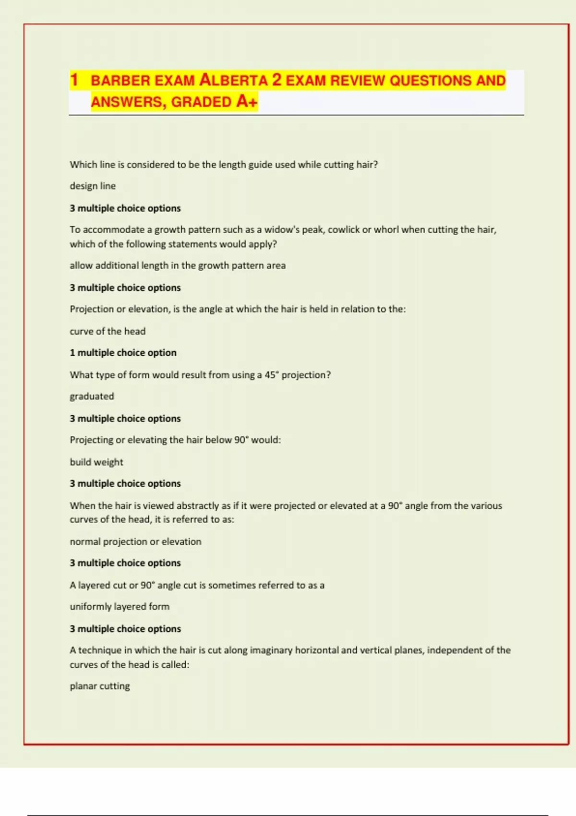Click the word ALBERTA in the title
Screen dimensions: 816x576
(x=233, y=80)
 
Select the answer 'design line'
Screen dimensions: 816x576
(x=93, y=186)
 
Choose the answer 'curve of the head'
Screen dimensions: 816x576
(x=108, y=331)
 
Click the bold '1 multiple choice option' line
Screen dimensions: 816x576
(x=123, y=353)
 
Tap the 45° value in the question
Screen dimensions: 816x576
(x=270, y=375)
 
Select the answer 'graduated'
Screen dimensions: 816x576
(x=92, y=396)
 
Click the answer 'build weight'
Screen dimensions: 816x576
(x=96, y=462)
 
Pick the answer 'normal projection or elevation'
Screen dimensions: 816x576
(x=135, y=541)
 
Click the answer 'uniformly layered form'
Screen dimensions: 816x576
(x=120, y=607)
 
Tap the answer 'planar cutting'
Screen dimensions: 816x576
(x=100, y=686)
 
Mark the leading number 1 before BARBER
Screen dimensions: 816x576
(x=74, y=80)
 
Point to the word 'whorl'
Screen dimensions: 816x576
(x=386, y=229)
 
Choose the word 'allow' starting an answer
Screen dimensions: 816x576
(x=81, y=265)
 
